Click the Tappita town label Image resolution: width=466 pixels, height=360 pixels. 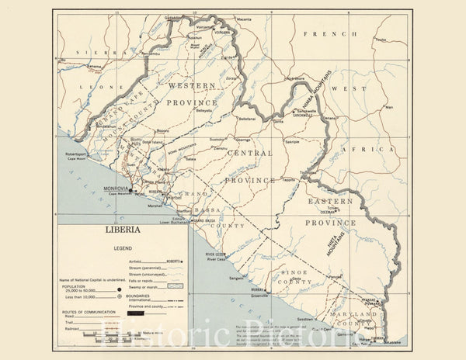pyautogui.click(x=288, y=178)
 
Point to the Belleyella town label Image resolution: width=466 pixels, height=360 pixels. pyautogui.click(x=203, y=110)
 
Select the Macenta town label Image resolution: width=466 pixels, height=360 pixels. pyautogui.click(x=244, y=19)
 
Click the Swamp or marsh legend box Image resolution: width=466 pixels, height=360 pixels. pyautogui.click(x=175, y=286)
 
